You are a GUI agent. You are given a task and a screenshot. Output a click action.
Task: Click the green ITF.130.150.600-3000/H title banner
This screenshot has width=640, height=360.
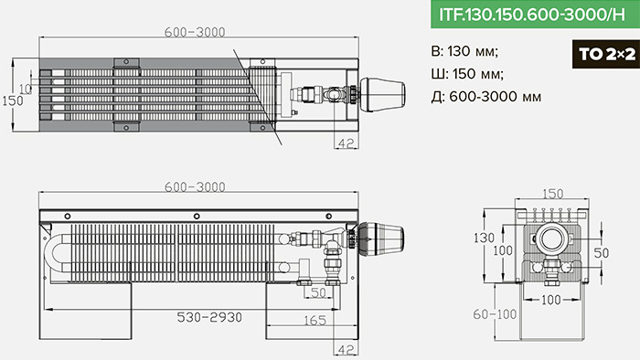click(x=535, y=15)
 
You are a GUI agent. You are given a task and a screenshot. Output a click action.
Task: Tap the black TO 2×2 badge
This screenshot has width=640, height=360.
click(x=606, y=54)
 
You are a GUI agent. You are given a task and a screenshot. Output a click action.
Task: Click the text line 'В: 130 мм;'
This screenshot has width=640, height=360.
click(x=464, y=52)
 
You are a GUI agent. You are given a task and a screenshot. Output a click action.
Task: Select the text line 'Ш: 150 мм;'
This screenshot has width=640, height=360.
click(x=467, y=74)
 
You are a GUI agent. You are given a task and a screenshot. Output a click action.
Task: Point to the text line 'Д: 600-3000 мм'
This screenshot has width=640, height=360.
click(x=486, y=97)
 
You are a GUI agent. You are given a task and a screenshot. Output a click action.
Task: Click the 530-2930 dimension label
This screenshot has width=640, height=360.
click(x=209, y=317)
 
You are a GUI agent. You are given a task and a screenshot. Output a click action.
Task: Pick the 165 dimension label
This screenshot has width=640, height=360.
click(x=315, y=321)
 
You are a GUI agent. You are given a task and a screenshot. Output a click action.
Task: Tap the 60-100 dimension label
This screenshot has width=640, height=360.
click(x=495, y=314)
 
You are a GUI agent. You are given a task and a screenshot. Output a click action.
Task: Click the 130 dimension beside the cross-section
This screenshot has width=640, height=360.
click(x=484, y=238)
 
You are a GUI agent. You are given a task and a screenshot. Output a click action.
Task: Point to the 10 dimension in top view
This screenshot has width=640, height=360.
click(x=26, y=89)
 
